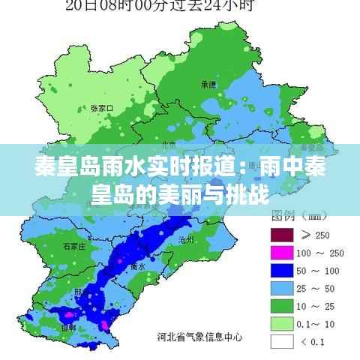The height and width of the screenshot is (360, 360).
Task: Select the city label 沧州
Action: coord(186,240)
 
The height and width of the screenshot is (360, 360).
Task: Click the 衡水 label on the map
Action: coord(138,266)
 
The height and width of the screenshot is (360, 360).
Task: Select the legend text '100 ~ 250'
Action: coord(321,252)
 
